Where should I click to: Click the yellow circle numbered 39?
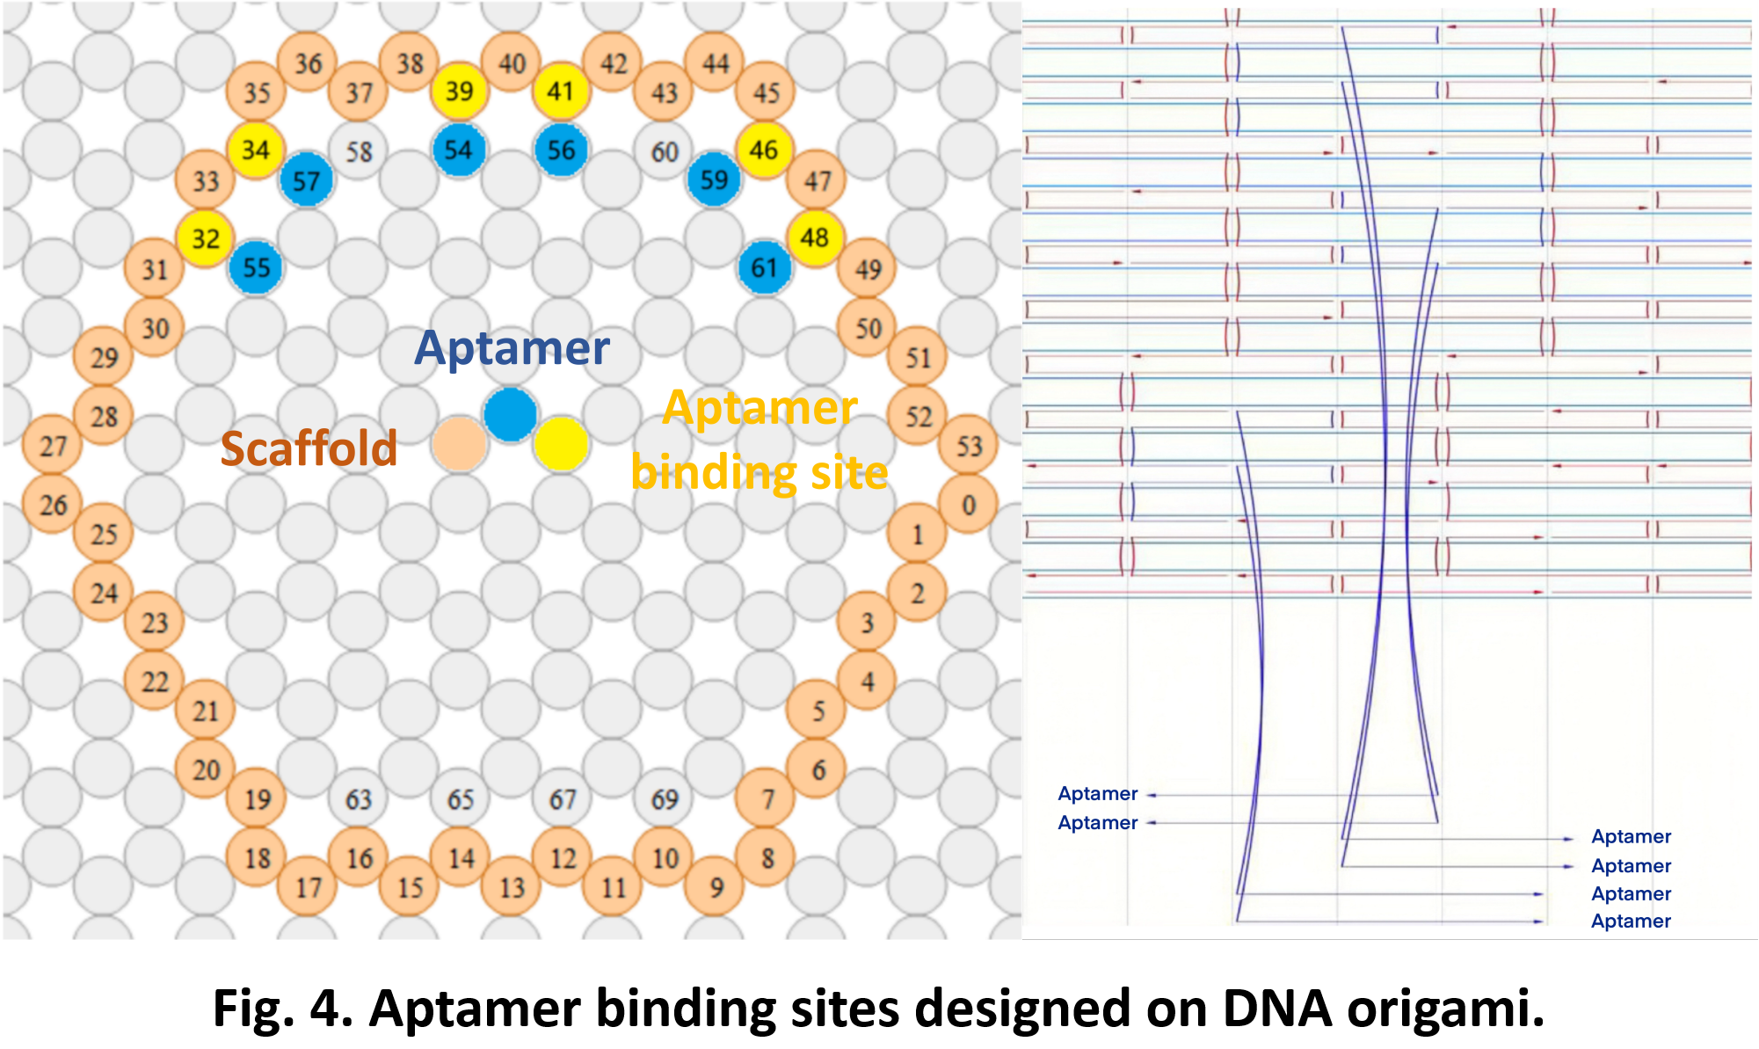(459, 91)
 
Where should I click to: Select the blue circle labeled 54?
(459, 150)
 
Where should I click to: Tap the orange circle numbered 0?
(969, 506)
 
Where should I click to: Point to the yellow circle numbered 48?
(815, 237)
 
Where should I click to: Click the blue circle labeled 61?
(765, 267)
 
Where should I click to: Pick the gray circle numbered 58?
(359, 152)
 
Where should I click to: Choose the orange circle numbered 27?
(53, 446)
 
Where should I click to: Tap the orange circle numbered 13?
(512, 887)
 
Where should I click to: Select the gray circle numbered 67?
(563, 799)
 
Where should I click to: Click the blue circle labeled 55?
(256, 267)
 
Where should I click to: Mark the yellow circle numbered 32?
(206, 238)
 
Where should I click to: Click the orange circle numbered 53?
(969, 446)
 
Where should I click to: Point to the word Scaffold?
(309, 448)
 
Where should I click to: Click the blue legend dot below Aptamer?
(511, 414)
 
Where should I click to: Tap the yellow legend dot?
(561, 443)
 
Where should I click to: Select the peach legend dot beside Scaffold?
(459, 444)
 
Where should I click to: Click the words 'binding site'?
(760, 473)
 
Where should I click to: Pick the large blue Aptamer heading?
(512, 348)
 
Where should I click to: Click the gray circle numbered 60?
(665, 152)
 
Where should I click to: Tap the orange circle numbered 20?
(206, 770)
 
